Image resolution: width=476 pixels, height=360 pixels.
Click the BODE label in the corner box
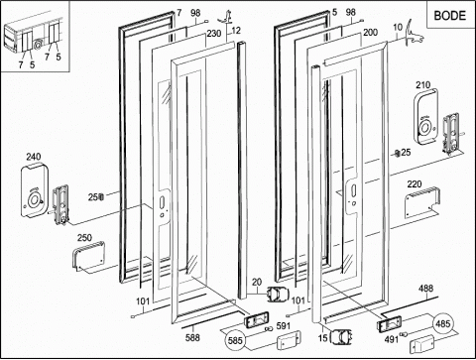point(449,16)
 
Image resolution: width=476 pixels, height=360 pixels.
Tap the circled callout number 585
point(235,340)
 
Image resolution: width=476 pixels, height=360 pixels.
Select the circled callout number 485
point(443,323)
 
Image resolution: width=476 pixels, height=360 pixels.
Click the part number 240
point(34,157)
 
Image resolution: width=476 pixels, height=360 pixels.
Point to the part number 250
point(84,238)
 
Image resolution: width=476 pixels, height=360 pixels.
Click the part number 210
point(423,85)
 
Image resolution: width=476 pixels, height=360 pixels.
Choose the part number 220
point(415,183)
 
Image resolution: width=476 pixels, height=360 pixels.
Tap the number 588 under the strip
point(192,337)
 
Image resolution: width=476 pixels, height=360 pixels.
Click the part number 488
point(425,288)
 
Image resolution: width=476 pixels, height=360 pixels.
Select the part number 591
point(284,326)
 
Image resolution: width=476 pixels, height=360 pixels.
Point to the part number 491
point(392,339)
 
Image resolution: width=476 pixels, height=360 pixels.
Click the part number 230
point(214,34)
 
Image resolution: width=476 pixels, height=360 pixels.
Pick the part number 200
point(370,33)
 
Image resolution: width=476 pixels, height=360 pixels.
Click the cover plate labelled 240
point(35,190)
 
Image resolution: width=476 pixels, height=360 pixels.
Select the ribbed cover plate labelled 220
point(422,202)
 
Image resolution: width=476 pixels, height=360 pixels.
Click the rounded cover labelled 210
point(426,117)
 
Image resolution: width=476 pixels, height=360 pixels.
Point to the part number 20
point(257,282)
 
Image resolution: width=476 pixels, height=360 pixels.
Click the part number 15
point(323,338)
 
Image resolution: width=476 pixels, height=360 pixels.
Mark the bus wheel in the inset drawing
point(39,45)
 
